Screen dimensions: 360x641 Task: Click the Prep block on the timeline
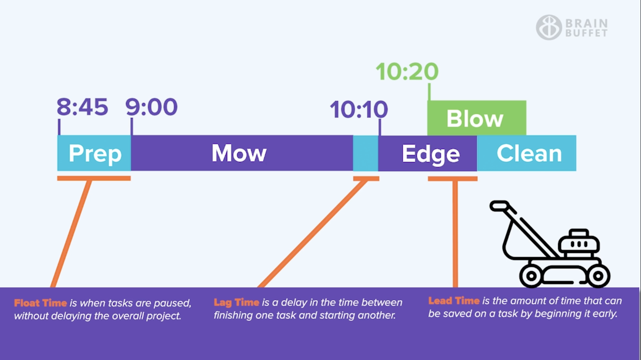click(94, 153)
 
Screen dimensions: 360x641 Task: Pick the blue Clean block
click(528, 153)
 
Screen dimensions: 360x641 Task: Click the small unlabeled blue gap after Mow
click(365, 153)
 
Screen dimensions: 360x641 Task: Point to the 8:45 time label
click(82, 107)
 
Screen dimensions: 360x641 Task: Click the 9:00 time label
click(151, 107)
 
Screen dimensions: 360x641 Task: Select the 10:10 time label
click(358, 110)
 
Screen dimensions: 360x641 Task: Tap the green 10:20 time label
click(407, 71)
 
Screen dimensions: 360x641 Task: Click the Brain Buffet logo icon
click(548, 28)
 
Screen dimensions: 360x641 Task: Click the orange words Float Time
click(41, 303)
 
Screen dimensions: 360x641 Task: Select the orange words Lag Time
click(236, 302)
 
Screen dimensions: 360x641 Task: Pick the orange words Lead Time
click(454, 301)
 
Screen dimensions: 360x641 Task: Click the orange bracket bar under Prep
click(94, 178)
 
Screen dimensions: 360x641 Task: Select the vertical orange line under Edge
click(455, 233)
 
